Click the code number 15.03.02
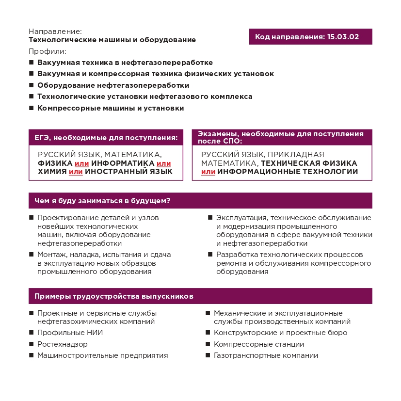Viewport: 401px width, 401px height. (343, 37)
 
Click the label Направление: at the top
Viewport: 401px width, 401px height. (56, 31)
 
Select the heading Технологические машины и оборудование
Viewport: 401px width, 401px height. (112, 40)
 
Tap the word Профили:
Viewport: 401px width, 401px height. (47, 51)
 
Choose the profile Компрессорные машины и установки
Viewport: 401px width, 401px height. (111, 108)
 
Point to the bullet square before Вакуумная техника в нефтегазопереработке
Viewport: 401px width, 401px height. (31, 63)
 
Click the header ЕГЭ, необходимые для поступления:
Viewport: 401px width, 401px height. (106, 138)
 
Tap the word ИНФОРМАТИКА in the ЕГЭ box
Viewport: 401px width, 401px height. (126, 163)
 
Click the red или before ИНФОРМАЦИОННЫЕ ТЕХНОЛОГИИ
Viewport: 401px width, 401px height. (208, 172)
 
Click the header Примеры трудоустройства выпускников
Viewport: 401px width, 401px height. (114, 296)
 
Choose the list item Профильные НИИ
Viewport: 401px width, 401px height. (70, 333)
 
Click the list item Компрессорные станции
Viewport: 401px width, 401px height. (259, 344)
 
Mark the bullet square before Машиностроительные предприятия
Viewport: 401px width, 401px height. (31, 355)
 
